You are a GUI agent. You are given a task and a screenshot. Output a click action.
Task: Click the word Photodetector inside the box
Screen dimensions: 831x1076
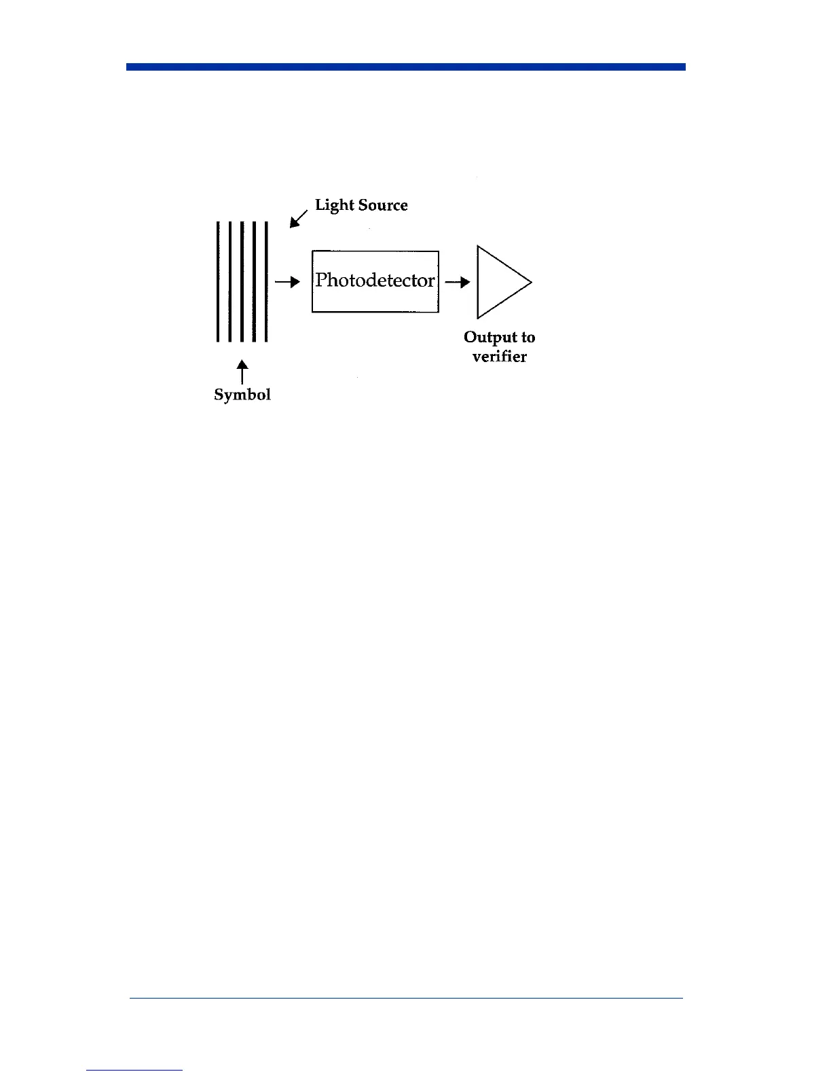[375, 281]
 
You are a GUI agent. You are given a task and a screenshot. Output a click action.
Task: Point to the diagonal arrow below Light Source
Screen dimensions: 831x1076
[298, 219]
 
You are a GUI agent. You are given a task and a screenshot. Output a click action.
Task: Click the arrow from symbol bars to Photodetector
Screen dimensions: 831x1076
[287, 282]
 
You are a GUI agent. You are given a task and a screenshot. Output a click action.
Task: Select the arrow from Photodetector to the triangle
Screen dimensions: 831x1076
[458, 282]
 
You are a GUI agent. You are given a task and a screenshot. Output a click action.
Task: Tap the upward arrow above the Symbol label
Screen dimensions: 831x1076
[242, 373]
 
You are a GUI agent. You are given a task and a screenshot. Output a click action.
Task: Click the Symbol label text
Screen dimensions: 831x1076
[242, 395]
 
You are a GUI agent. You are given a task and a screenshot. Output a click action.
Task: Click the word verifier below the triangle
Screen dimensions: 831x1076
[500, 357]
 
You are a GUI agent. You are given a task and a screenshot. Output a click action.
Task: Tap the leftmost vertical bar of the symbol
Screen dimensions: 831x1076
[217, 282]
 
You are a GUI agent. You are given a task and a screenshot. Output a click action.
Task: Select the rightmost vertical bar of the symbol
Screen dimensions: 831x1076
[266, 282]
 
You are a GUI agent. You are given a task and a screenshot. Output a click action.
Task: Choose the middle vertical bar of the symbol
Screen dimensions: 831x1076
[242, 282]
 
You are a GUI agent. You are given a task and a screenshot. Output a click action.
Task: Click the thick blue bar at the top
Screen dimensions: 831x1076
[406, 67]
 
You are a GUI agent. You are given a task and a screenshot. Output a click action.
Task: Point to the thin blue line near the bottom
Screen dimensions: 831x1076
[406, 998]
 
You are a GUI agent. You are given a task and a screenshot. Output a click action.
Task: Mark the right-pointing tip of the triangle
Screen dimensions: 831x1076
[530, 282]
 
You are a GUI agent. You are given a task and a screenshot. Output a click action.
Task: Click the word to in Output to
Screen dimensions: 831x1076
[528, 337]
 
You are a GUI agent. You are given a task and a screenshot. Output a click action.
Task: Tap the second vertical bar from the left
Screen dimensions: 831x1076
[229, 282]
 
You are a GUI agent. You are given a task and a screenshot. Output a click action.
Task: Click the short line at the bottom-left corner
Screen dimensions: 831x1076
[134, 1070]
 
